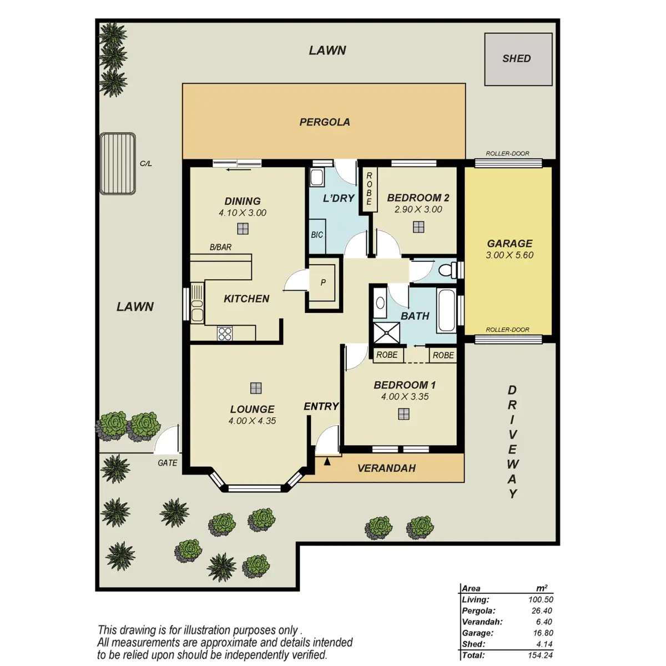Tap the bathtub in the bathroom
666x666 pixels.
446,310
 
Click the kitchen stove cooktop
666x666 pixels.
225,334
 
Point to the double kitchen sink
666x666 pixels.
197,303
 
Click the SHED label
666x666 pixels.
516,58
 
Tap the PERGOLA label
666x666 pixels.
325,122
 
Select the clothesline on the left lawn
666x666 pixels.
118,164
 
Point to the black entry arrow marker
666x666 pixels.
327,461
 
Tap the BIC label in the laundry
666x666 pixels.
317,235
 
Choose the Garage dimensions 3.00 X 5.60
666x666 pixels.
509,255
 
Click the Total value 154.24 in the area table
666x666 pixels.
540,655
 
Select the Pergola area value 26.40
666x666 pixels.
542,610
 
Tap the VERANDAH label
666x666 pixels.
386,468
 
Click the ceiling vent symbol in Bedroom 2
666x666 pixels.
418,227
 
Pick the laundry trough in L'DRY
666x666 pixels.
316,177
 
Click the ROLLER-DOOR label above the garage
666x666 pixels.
507,153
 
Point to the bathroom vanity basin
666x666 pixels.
380,303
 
